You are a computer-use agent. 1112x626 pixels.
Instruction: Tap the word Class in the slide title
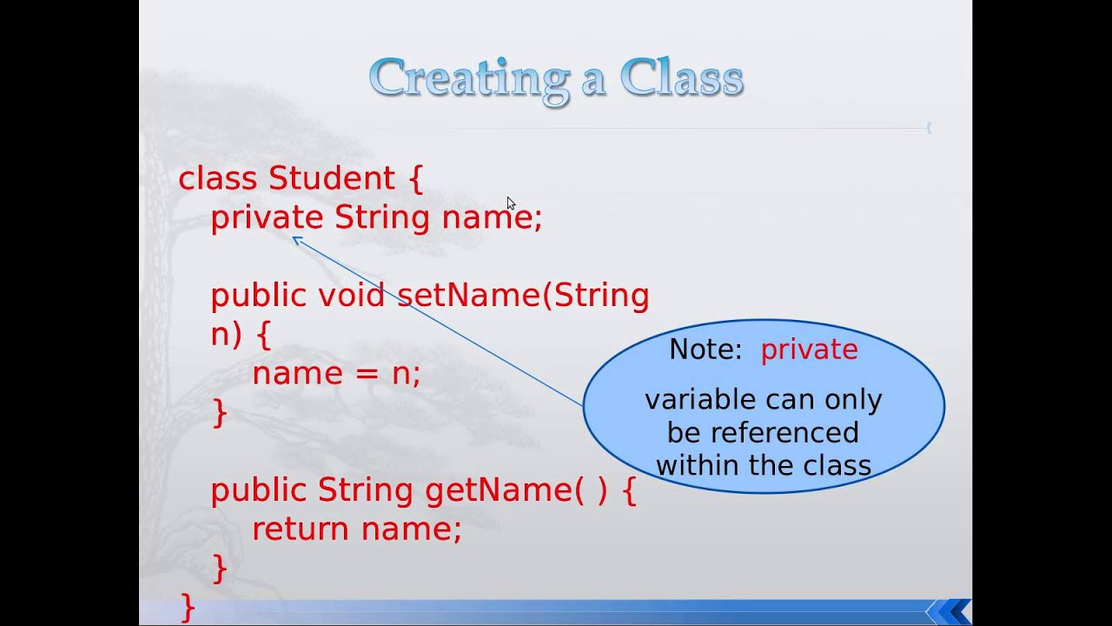[x=681, y=78]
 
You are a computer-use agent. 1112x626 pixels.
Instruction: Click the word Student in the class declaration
[x=332, y=178]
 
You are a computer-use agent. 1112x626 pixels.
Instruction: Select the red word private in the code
[x=267, y=217]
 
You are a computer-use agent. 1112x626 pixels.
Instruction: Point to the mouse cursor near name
[x=510, y=203]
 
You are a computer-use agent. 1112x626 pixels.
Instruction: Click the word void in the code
[x=351, y=296]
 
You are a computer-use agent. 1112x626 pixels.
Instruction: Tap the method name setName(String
[x=523, y=296]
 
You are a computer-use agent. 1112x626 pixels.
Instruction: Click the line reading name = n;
[x=336, y=374]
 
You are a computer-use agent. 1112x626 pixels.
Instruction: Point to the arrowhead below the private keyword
[x=296, y=240]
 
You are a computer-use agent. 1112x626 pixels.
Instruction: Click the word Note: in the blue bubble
[x=705, y=350]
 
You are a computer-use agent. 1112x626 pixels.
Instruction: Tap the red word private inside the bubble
[x=809, y=350]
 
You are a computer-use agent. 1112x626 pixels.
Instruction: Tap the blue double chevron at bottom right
[x=952, y=611]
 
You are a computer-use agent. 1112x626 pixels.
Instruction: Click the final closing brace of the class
[x=187, y=606]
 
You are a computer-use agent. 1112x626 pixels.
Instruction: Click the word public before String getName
[x=259, y=490]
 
